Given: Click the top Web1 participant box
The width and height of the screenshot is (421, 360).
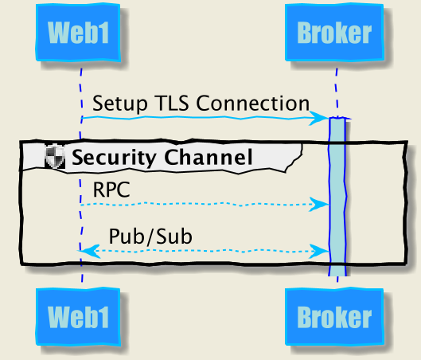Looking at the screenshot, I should click(x=80, y=33).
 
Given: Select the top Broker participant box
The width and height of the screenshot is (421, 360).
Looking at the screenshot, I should click(x=334, y=33).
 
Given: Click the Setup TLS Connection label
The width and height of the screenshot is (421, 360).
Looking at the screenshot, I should click(x=201, y=104).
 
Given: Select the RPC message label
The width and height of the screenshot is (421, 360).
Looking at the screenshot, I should click(x=111, y=190).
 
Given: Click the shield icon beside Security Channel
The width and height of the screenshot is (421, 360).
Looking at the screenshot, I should click(x=55, y=157).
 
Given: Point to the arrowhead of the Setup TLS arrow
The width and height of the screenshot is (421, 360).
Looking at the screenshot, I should click(x=322, y=118).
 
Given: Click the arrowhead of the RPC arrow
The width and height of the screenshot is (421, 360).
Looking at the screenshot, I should click(x=322, y=205).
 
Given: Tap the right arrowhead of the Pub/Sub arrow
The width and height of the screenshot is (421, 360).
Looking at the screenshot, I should click(x=322, y=251).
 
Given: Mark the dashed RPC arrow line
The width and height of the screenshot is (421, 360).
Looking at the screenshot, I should click(x=199, y=205).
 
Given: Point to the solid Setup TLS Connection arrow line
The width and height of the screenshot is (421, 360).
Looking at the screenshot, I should click(x=199, y=118).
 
